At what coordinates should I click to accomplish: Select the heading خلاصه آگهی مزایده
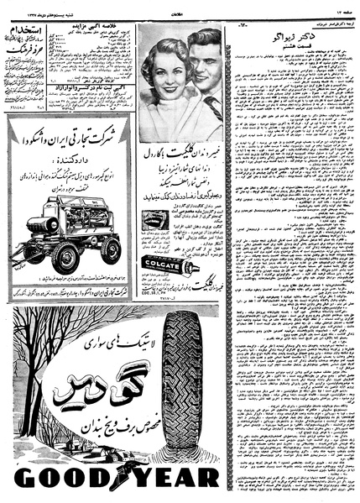pos(100,31)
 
